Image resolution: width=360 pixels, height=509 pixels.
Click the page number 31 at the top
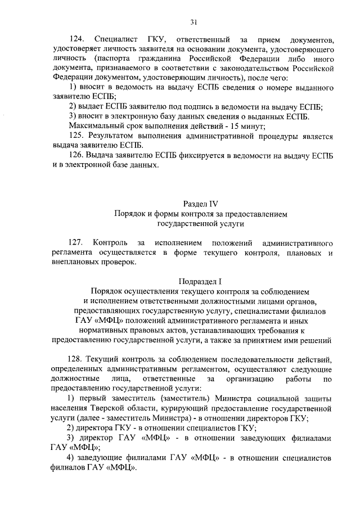click(193, 22)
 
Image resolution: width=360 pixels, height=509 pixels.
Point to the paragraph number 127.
click(76, 242)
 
